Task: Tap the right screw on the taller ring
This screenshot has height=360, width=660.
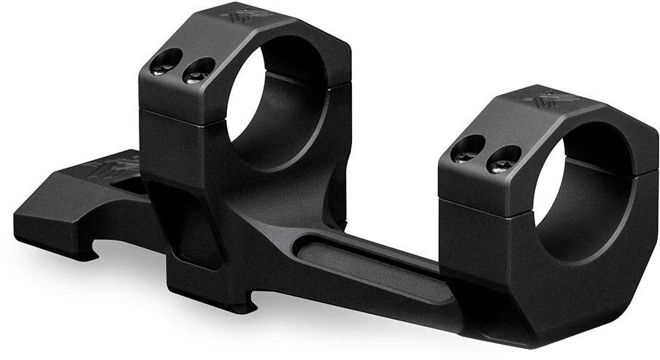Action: click(x=196, y=72)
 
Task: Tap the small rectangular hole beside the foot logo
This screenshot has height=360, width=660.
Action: click(x=135, y=186)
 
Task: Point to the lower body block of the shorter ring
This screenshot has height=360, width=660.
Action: click(x=496, y=270)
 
